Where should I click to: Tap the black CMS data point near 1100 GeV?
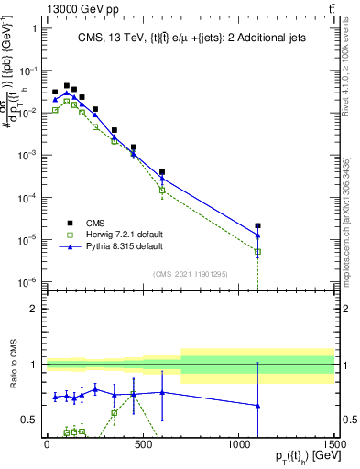(x=258, y=225)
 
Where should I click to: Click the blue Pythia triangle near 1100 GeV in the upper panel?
(x=258, y=235)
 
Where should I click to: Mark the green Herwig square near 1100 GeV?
(x=258, y=251)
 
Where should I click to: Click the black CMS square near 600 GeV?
(x=162, y=172)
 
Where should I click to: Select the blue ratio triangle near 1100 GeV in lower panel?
(x=258, y=405)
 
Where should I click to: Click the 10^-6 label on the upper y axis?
(x=27, y=282)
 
